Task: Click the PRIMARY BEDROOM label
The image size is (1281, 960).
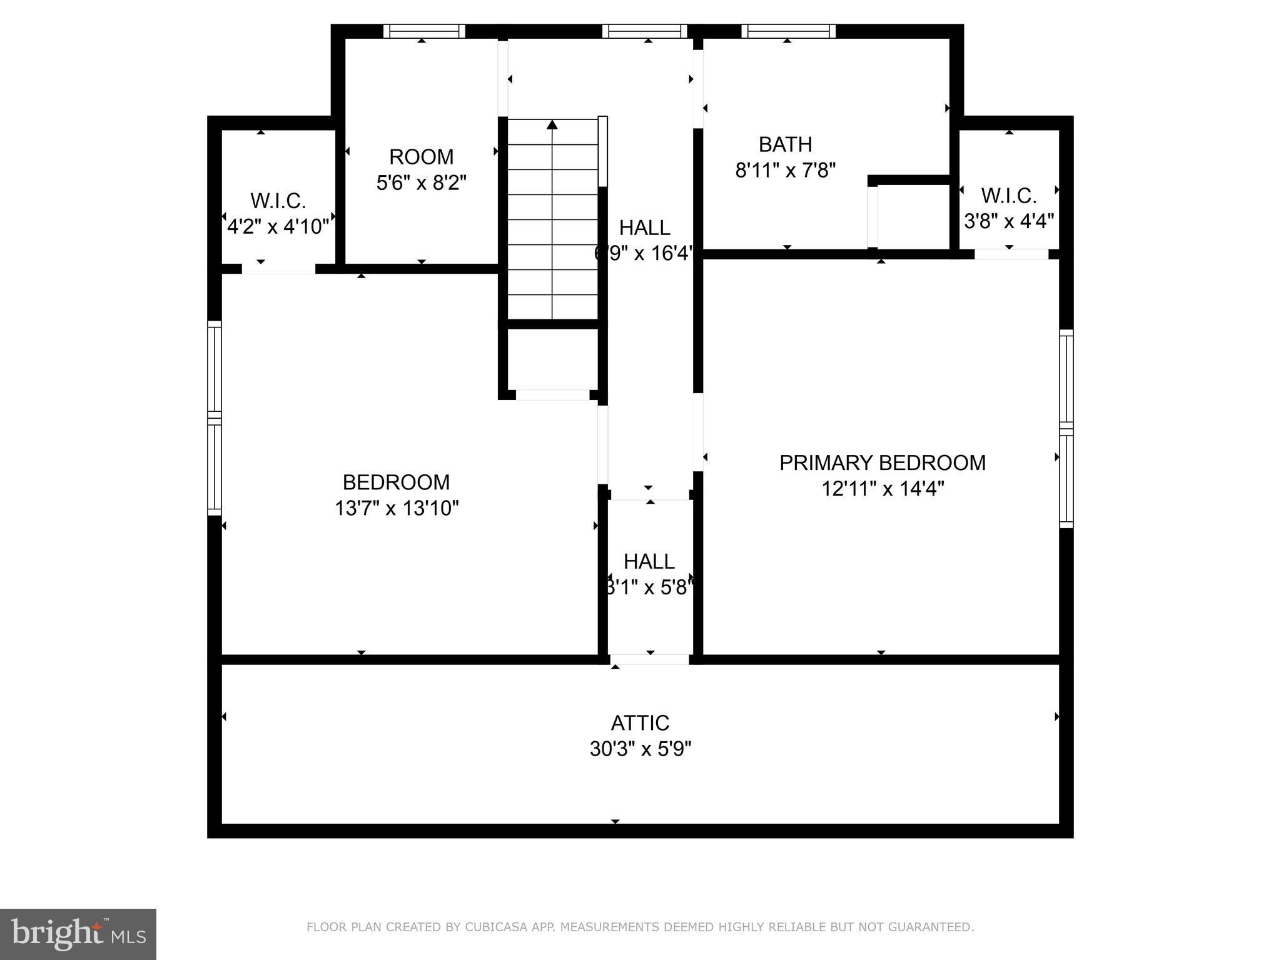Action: [882, 462]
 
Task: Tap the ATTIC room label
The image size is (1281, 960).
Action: [640, 722]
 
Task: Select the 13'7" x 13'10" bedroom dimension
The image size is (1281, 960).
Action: [397, 508]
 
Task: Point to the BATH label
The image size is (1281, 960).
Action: [785, 144]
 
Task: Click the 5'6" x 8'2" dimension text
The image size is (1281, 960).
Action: [421, 182]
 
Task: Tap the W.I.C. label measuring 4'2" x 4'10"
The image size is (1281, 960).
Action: [278, 201]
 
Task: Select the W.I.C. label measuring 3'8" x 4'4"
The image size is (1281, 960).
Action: [1008, 196]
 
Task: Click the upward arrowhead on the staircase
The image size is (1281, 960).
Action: [552, 125]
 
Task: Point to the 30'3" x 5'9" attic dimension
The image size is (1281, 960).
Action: [640, 748]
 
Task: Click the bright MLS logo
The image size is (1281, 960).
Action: [78, 934]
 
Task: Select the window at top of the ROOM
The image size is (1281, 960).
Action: [424, 31]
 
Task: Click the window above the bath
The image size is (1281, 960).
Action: [788, 31]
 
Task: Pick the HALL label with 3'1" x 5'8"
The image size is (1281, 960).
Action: [649, 561]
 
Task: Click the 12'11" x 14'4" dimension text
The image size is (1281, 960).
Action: [882, 488]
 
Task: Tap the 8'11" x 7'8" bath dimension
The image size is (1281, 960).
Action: [785, 170]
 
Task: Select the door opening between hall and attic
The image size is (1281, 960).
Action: [649, 659]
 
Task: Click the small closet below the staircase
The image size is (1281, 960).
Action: [552, 359]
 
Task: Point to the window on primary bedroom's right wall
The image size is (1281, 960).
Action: [1066, 429]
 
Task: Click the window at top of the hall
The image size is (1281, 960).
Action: [645, 31]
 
